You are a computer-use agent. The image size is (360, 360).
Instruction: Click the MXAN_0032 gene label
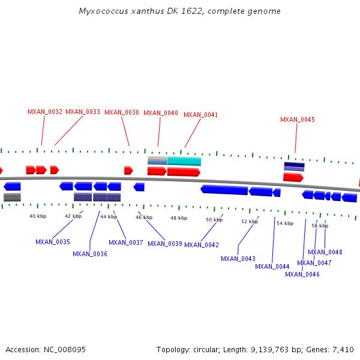(x=45, y=112)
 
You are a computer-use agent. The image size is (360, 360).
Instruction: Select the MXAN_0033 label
(x=83, y=112)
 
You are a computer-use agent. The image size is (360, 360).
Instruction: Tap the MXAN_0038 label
(x=122, y=112)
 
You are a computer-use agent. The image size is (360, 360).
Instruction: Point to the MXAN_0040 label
(x=161, y=113)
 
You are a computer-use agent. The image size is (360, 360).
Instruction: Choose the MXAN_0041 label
(x=201, y=115)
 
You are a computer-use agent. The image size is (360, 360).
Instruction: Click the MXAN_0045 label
(x=298, y=119)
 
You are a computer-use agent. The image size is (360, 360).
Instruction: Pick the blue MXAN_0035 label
(x=53, y=242)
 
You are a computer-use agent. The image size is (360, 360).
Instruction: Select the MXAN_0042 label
(x=202, y=245)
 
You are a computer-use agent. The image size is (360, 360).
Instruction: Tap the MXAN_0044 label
(x=272, y=266)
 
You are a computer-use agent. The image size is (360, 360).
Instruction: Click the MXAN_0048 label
(x=325, y=252)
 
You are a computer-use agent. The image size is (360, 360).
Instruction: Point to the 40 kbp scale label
(x=38, y=216)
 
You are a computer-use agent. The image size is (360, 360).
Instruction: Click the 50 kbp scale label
(x=214, y=220)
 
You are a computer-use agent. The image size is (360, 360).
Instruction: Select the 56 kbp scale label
(x=320, y=226)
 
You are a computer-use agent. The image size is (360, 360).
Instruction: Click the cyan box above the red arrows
(x=184, y=161)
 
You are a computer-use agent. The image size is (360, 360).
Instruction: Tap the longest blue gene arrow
(x=224, y=190)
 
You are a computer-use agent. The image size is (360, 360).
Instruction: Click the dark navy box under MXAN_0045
(x=294, y=165)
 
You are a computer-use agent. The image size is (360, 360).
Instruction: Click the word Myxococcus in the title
(x=103, y=11)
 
